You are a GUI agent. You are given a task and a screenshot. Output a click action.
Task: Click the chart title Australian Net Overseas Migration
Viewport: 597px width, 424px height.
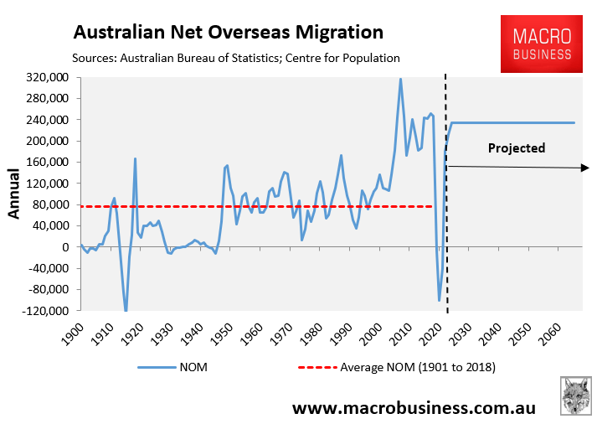[x=228, y=33]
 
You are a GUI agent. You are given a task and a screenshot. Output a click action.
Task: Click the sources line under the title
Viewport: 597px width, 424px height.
[x=237, y=58]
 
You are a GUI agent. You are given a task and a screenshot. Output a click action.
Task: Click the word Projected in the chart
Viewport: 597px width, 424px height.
[x=517, y=148]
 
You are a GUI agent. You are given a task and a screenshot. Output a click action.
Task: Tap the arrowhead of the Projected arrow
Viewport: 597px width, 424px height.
[x=585, y=168]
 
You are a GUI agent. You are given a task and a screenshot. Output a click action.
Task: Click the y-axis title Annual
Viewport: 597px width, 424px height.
[x=13, y=194]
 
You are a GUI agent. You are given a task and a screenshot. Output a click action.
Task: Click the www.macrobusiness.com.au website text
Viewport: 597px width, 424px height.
[x=413, y=407]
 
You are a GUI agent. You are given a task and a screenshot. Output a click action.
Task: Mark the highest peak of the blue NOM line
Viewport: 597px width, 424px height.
[x=400, y=79]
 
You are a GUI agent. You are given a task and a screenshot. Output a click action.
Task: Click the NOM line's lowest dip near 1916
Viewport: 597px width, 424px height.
[x=126, y=310]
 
